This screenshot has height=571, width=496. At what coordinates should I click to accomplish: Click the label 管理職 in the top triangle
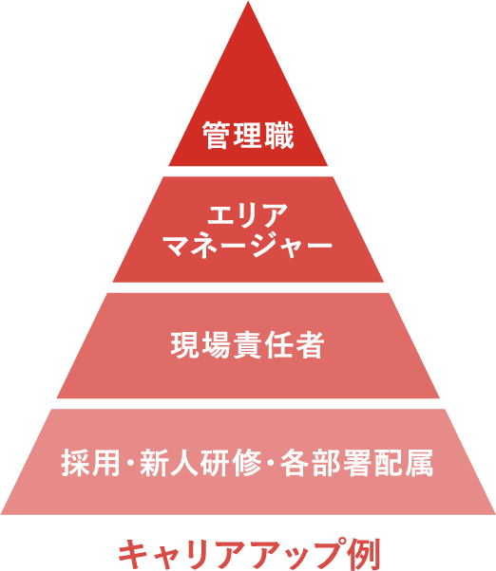[248, 136]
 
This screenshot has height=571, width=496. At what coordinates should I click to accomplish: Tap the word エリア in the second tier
[248, 215]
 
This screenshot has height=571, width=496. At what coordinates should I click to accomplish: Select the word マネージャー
[248, 247]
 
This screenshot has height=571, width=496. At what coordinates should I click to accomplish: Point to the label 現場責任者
[248, 345]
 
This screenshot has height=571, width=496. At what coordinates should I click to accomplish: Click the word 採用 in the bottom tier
[91, 463]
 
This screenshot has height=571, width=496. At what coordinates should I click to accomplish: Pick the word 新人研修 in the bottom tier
[200, 463]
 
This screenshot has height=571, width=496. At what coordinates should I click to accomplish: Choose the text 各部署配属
[356, 463]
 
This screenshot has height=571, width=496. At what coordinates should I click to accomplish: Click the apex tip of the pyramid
[248, 2]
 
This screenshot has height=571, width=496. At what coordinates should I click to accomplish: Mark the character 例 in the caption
[365, 554]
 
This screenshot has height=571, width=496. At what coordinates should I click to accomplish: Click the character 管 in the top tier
[218, 136]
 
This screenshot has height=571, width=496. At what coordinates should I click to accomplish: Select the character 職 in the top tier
[279, 136]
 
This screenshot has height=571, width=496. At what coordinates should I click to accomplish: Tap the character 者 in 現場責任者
[310, 345]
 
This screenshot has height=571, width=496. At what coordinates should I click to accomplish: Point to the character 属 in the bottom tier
[419, 463]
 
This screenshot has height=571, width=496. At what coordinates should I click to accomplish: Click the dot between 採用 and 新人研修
[130, 463]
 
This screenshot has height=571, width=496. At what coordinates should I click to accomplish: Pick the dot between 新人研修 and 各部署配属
[271, 463]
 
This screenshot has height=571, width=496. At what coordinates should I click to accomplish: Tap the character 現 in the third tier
[185, 345]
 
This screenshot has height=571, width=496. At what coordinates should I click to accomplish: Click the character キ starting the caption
[133, 554]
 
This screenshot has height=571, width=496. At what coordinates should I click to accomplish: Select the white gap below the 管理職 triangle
[248, 171]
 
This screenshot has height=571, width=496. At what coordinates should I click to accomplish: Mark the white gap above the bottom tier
[248, 403]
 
